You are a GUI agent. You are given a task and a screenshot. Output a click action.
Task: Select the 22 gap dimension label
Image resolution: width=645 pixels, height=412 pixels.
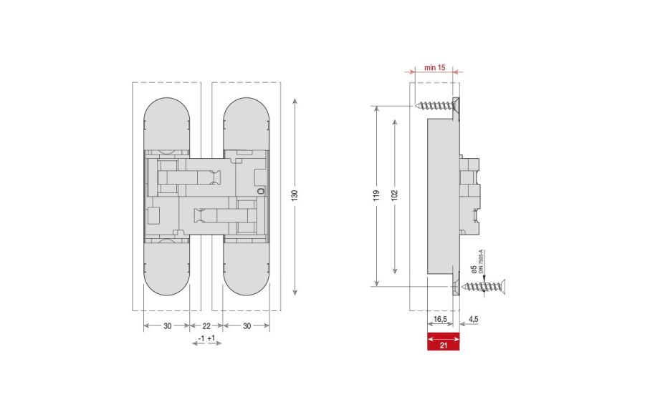pos(206,325)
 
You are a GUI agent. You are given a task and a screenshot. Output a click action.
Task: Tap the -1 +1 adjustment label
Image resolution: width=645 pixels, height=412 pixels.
pos(206,338)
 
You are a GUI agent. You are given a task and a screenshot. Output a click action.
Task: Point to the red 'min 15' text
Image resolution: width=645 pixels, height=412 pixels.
pos(435,67)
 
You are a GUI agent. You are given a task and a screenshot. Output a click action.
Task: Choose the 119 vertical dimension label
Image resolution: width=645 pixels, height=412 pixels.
pos(376,196)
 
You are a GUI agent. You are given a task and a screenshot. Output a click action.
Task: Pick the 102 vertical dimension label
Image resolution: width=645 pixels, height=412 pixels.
pos(395,196)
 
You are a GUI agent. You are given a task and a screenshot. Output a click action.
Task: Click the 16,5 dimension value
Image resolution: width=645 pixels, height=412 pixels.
pos(441,319)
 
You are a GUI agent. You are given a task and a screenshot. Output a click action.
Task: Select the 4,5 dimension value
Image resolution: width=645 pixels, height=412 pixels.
pos(474,319)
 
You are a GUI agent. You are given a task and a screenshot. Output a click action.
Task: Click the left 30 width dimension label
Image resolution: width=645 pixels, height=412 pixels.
pos(167,325)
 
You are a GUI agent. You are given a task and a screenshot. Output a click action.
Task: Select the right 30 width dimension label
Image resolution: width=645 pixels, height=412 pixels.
pos(246,325)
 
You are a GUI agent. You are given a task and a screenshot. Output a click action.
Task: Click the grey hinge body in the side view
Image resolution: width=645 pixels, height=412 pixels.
pos(441,196)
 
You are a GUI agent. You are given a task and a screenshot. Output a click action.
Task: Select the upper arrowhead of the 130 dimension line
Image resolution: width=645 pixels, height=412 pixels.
pos(295,103)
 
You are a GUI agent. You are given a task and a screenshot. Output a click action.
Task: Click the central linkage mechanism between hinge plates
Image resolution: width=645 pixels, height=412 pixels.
pos(206,193)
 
